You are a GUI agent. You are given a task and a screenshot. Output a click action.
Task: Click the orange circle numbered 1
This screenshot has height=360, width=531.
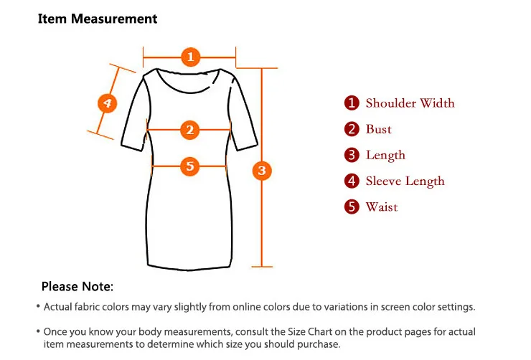pos(190,57)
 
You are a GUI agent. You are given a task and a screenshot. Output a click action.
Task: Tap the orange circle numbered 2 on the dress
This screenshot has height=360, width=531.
pos(189,130)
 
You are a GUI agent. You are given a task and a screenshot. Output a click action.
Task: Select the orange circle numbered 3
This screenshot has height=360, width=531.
pos(262,170)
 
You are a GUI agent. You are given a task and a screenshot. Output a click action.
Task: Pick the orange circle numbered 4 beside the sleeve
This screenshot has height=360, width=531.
pos(107,103)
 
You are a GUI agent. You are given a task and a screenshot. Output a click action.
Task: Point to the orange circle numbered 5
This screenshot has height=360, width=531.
pos(189,166)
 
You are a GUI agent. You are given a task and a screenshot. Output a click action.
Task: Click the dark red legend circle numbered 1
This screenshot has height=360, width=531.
pos(352,103)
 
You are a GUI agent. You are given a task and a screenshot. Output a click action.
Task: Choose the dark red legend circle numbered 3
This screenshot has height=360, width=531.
pos(352,155)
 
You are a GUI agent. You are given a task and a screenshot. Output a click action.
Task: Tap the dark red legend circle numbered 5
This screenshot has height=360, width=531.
pos(352,207)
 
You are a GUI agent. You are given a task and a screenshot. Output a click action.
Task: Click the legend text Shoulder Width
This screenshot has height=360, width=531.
pos(410,103)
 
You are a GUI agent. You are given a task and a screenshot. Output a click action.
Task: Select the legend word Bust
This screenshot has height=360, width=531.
pos(378,129)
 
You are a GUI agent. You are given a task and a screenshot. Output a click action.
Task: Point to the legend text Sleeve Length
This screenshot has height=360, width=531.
pos(405,181)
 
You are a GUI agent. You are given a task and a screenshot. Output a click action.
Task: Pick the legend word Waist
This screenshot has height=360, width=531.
pos(382,207)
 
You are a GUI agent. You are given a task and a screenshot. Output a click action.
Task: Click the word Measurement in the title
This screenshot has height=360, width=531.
pos(114,19)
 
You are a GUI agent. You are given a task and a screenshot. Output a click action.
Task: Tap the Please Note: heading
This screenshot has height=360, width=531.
pos(77,286)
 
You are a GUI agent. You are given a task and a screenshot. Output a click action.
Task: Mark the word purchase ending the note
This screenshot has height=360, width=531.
pos(319,345)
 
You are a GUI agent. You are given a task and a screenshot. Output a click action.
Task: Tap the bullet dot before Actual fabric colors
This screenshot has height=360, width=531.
pos(38,306)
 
